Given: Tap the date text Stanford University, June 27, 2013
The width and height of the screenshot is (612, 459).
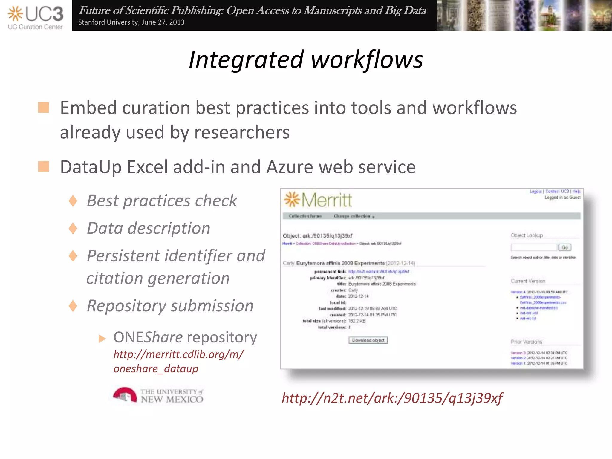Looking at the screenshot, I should click(131, 22).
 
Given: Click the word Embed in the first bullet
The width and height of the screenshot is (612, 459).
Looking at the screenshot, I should click(88, 108).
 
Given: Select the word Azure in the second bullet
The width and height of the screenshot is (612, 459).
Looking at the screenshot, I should click(290, 167).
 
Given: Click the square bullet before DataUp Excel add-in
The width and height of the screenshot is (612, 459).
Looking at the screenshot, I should click(44, 166).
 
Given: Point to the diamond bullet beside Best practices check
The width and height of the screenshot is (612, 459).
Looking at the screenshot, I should click(73, 201).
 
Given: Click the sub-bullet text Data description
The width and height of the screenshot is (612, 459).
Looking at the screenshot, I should click(148, 228).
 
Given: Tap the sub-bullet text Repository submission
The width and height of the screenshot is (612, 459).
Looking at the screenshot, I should click(170, 306).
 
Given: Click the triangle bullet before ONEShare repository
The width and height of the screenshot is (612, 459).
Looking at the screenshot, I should click(102, 339).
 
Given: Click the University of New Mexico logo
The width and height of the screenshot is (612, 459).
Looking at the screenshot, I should click(158, 396).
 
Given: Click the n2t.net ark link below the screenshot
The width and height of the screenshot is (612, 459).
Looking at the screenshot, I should click(392, 398).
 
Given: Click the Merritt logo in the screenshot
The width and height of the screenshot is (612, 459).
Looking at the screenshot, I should click(318, 200).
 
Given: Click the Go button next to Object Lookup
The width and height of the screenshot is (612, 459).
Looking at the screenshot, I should click(564, 247).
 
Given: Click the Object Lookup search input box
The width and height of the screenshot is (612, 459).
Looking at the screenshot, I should click(534, 247).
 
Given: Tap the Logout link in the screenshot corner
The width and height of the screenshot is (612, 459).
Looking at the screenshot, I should click(535, 192).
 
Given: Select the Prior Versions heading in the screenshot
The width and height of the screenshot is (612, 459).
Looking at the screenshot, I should click(526, 342).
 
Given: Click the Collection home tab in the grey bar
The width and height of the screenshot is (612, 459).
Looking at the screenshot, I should click(305, 216).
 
